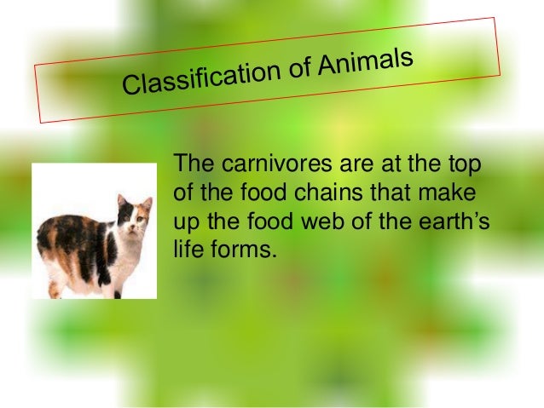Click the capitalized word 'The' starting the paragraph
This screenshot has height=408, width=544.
tap(191, 164)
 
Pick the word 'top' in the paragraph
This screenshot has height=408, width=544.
tap(464, 164)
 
